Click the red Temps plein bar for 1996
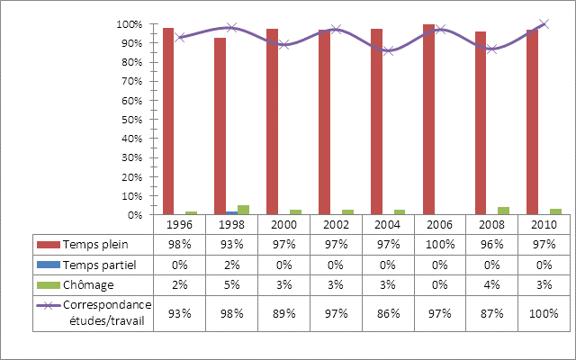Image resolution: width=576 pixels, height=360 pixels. point(168,121)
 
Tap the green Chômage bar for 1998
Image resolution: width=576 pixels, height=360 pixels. point(243,210)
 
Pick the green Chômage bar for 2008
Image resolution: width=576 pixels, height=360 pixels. point(504,211)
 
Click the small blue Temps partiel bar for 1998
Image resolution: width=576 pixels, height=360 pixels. point(231,213)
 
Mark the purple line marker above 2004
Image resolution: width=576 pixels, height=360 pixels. point(388,50)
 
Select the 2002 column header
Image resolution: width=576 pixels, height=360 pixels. point(336,224)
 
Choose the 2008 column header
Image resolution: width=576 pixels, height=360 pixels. point(492,224)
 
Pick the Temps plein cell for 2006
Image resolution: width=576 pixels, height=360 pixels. point(440,244)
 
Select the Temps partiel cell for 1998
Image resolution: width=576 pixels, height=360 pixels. point(231,264)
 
